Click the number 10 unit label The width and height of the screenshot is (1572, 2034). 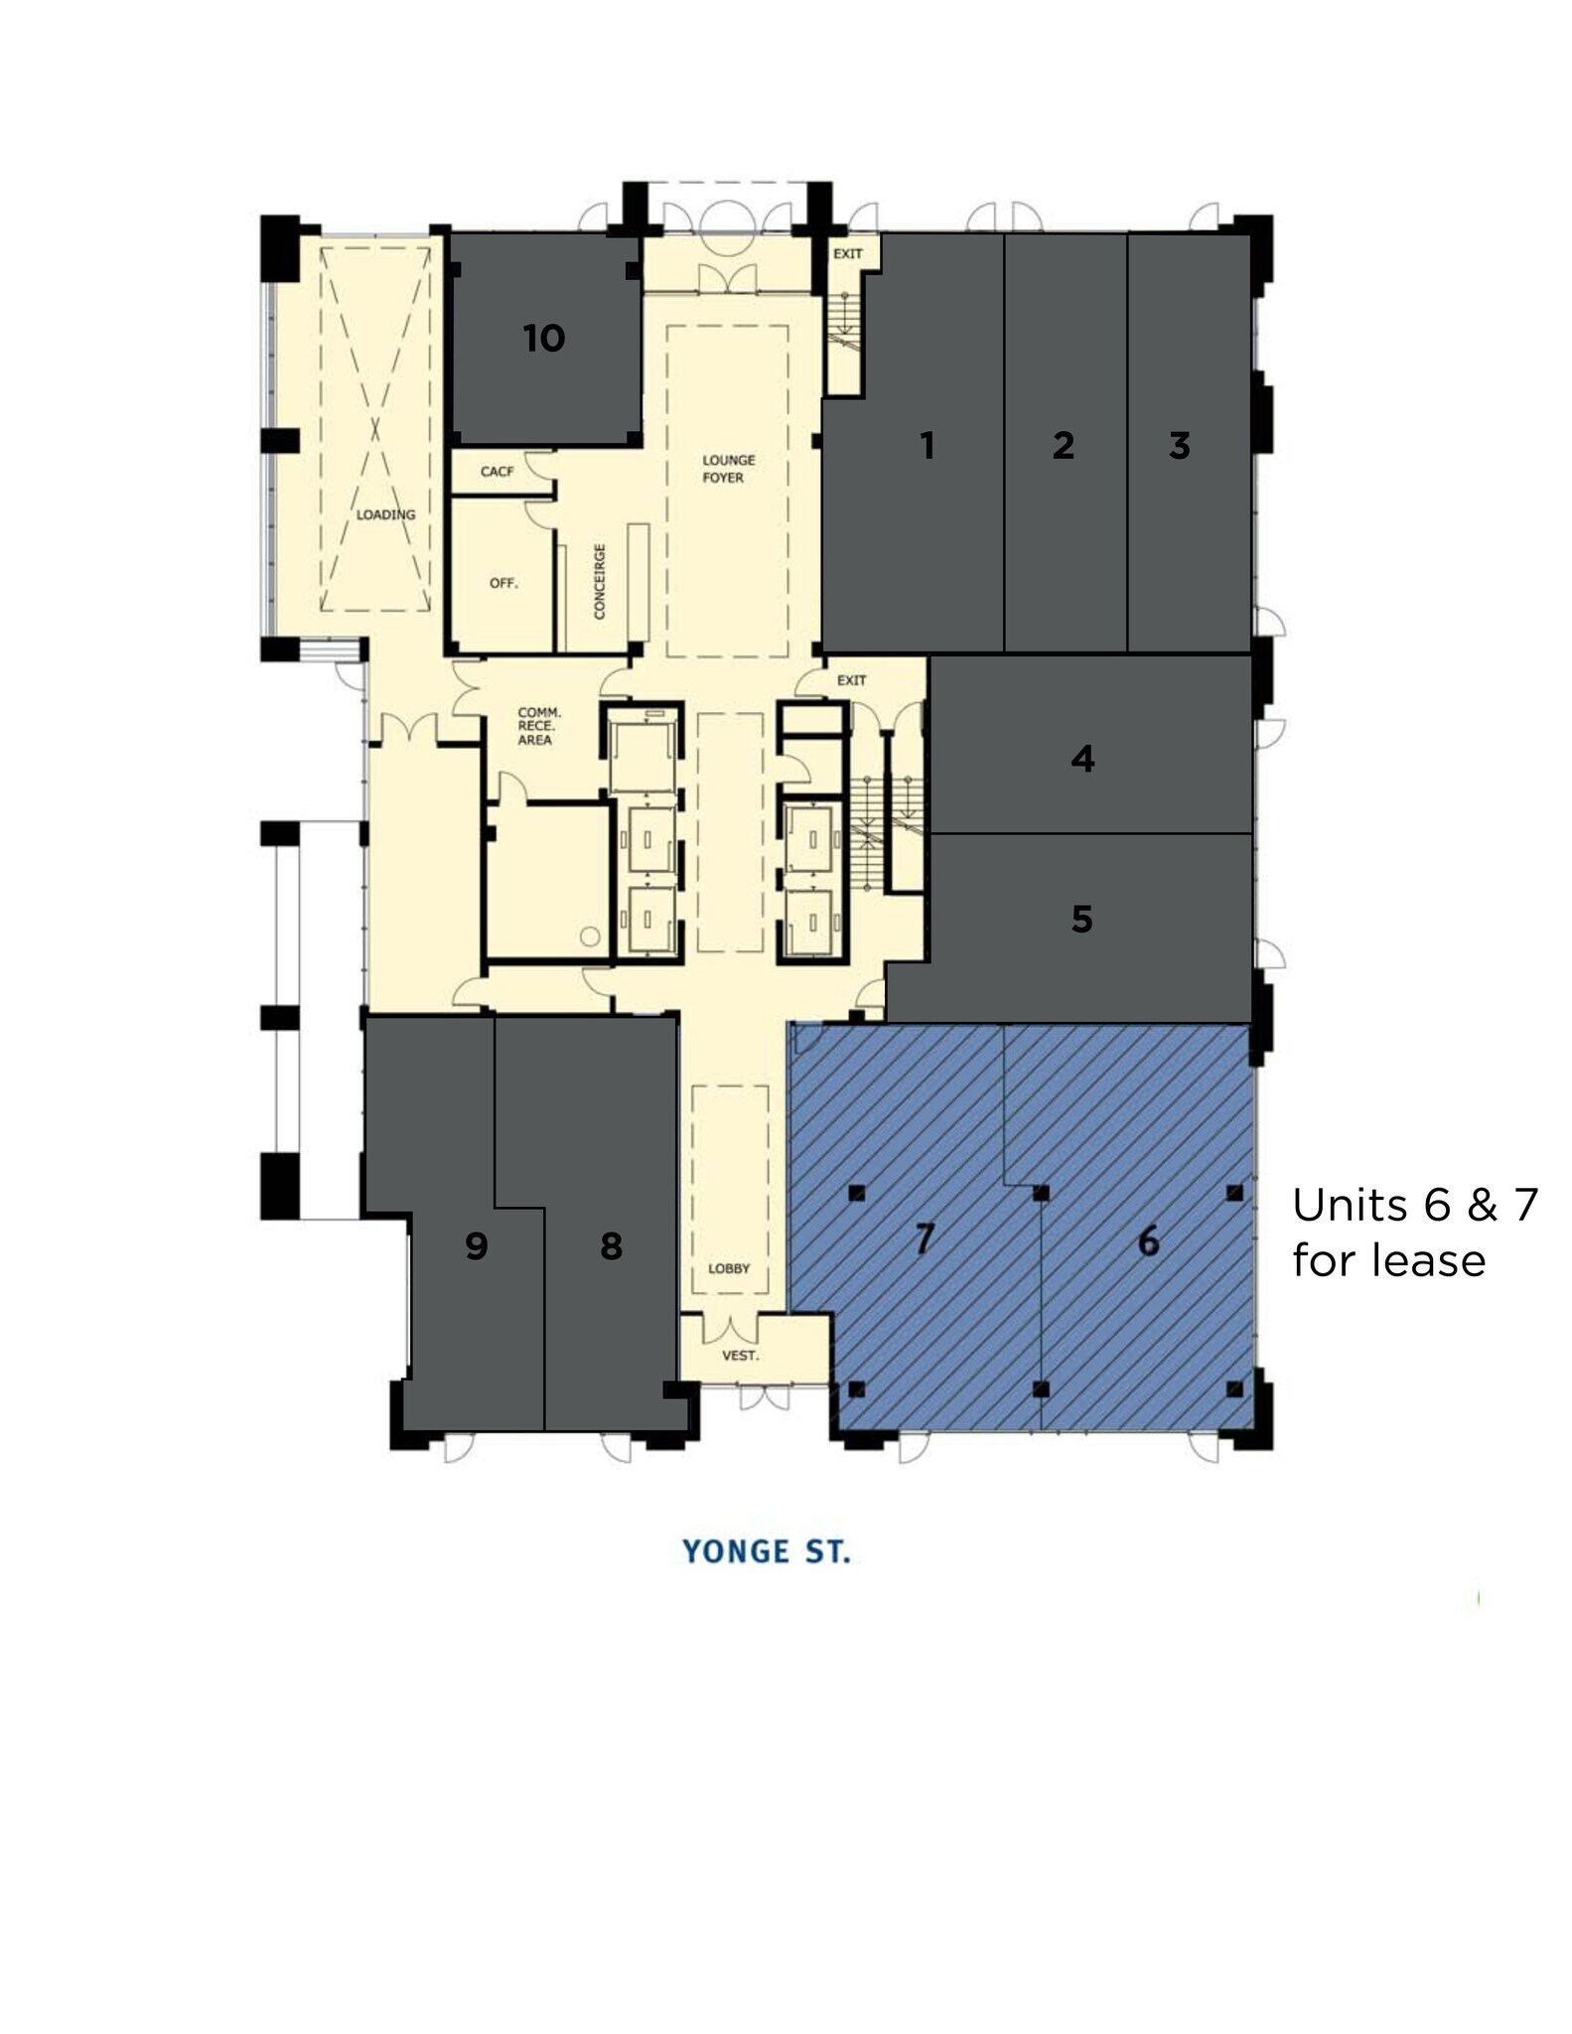(544, 339)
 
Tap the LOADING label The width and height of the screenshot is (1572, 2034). (385, 514)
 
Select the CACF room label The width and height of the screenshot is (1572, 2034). (497, 471)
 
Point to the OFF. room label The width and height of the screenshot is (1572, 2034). (503, 583)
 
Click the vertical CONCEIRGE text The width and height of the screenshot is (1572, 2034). (599, 581)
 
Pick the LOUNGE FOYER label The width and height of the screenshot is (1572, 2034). (728, 469)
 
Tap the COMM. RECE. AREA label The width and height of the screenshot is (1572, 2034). (538, 726)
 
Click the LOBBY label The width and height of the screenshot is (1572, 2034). (729, 1268)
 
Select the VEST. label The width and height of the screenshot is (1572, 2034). (740, 1355)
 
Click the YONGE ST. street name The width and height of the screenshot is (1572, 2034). (766, 1551)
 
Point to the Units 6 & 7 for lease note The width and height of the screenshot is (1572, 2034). (1414, 1233)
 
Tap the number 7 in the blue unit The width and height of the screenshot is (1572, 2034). (925, 1238)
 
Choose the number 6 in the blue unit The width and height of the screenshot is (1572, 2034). (1148, 1240)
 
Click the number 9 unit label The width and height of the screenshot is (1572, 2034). (477, 1245)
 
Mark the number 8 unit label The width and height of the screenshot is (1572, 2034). (611, 1245)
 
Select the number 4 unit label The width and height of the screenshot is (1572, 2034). (1082, 759)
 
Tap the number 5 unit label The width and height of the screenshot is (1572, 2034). (1081, 919)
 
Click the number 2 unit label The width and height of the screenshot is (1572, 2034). (1063, 445)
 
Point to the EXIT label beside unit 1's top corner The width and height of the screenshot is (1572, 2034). (847, 254)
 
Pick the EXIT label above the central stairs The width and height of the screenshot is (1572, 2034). (851, 680)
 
